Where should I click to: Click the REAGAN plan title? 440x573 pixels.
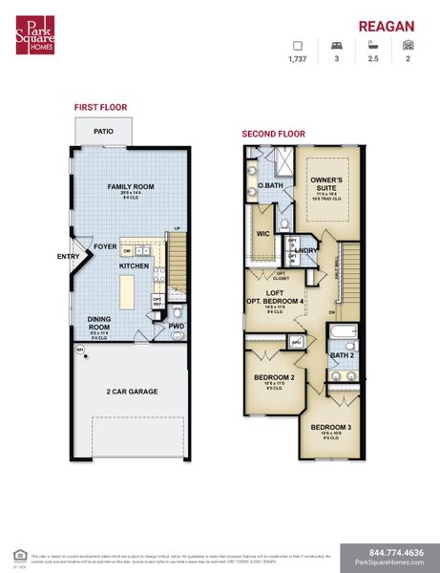[x=387, y=27]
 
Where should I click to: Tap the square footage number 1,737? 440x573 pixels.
[x=298, y=59]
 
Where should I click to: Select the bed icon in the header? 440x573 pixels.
[x=335, y=45]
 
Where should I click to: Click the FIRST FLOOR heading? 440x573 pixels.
[x=100, y=107]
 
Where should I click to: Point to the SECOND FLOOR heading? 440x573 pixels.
[x=273, y=134]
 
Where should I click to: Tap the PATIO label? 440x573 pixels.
[x=103, y=132]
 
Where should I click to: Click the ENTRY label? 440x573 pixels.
[x=68, y=256]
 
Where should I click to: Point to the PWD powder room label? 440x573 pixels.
[x=177, y=326]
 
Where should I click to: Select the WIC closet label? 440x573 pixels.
[x=264, y=232]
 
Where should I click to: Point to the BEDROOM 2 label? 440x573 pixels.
[x=273, y=377]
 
